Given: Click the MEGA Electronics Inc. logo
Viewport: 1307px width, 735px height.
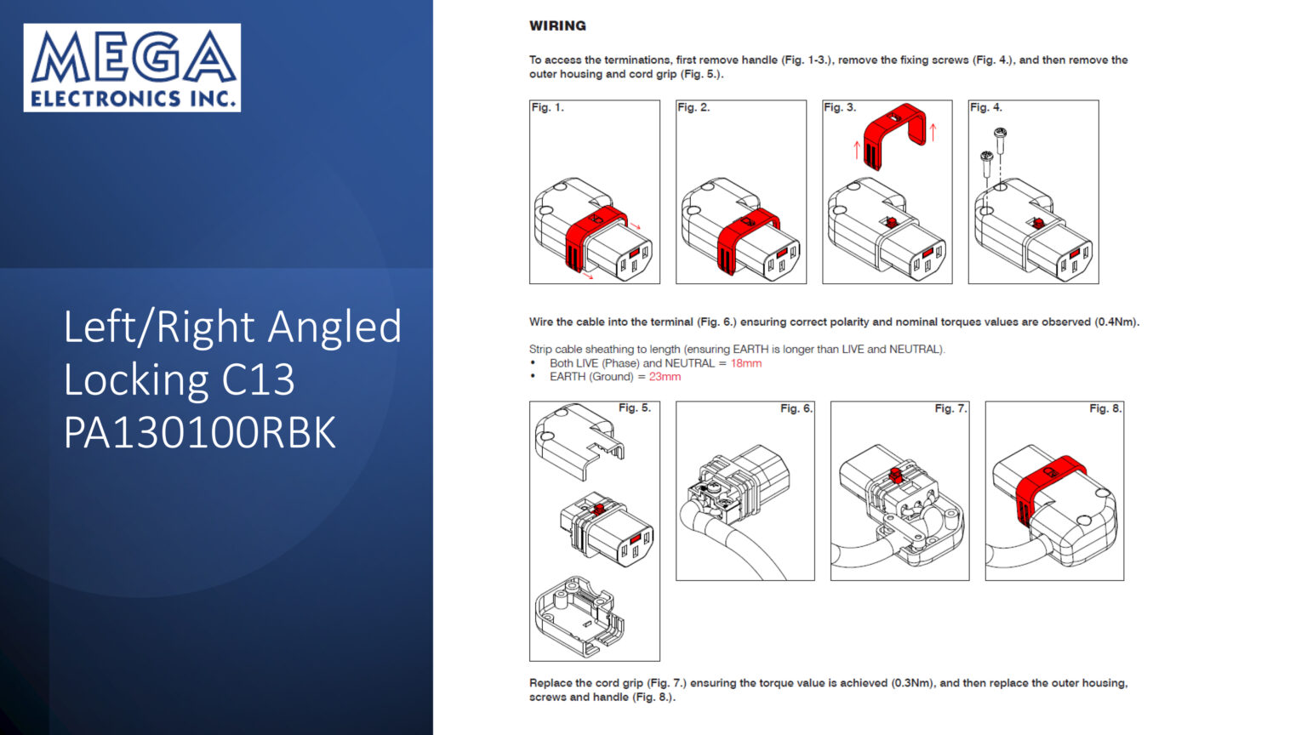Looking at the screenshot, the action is [x=132, y=68].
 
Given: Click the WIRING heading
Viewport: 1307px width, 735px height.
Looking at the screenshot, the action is [x=557, y=26].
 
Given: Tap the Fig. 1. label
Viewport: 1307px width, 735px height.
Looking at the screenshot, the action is [x=547, y=107].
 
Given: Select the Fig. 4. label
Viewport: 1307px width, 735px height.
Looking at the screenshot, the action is [x=985, y=107].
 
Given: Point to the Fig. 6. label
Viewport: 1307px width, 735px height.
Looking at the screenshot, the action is [x=796, y=408].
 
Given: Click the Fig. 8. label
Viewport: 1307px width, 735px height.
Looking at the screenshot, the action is [x=1105, y=408].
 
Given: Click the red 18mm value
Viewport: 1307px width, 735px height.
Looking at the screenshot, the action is [x=746, y=363].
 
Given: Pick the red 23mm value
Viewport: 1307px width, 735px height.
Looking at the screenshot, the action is [x=665, y=376].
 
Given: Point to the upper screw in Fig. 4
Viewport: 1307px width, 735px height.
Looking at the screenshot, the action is [x=1000, y=140].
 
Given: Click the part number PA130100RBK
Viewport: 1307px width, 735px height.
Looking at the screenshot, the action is [x=200, y=432].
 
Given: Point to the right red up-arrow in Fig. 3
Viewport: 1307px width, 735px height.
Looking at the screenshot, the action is [x=933, y=133].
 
